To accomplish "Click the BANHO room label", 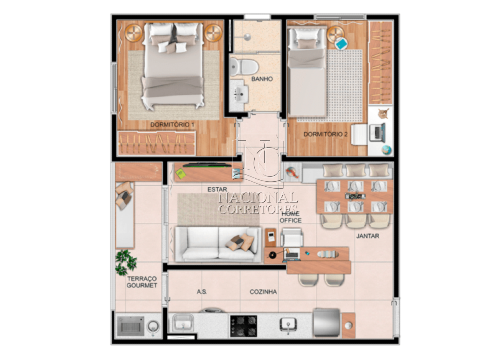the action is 262,79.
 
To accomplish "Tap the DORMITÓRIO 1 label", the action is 172,125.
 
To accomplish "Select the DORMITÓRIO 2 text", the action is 326,134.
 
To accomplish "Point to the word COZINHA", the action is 263,292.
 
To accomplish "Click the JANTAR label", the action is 367,236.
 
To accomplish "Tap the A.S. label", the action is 202,292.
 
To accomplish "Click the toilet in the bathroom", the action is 244,66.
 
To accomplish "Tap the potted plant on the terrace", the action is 125,262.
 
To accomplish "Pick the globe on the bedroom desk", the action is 386,150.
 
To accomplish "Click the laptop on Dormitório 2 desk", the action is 377,132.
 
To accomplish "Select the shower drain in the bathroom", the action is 247,37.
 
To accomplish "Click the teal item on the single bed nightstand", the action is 341,43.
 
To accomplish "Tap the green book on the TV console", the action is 181,174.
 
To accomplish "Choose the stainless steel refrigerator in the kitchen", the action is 326,323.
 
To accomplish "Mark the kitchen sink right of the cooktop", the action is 288,325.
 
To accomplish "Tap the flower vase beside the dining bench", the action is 292,172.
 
